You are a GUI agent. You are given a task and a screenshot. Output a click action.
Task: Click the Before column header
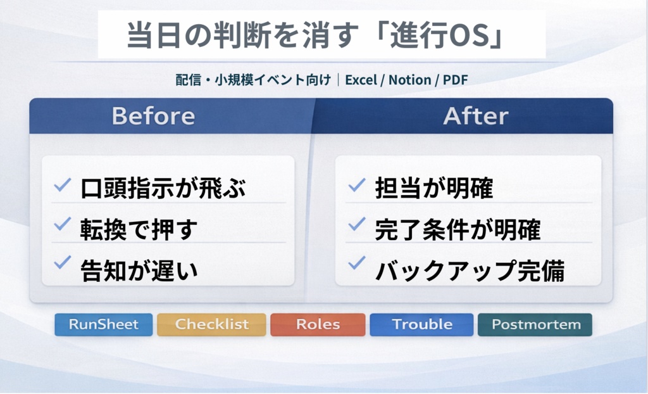click(x=153, y=116)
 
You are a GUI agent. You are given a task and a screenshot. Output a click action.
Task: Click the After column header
click(x=475, y=116)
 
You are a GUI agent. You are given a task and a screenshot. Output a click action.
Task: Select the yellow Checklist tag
click(x=211, y=325)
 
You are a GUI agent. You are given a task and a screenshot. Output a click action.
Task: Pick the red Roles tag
click(x=318, y=325)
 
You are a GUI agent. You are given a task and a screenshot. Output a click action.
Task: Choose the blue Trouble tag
click(x=421, y=325)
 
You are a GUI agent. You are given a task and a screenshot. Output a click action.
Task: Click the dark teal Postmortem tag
click(x=535, y=325)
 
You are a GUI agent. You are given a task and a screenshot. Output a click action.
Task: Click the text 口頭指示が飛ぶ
click(x=163, y=189)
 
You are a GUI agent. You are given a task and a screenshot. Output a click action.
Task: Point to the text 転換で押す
click(x=139, y=229)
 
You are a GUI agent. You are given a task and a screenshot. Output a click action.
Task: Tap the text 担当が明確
click(x=433, y=189)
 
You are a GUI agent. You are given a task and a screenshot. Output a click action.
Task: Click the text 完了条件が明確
click(x=458, y=229)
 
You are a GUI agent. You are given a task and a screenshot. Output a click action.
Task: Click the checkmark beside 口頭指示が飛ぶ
click(x=63, y=186)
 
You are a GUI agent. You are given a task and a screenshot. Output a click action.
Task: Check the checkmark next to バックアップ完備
click(x=357, y=263)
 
